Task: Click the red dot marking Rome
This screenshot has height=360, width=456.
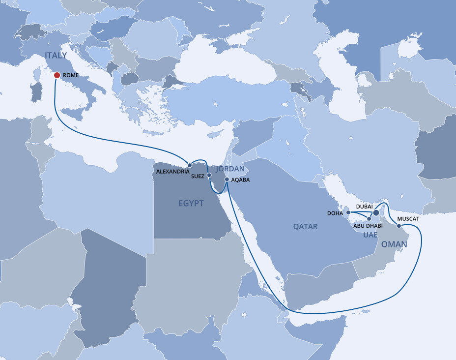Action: (57, 75)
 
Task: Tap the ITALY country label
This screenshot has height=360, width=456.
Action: (56, 55)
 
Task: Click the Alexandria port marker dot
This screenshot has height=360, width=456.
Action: (190, 165)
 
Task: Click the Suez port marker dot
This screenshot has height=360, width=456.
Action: (209, 175)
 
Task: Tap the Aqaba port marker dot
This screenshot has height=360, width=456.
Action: (227, 180)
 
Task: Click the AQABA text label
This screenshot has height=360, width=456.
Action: (240, 180)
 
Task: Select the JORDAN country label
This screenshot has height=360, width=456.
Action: (230, 169)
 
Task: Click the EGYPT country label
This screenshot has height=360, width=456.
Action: (191, 203)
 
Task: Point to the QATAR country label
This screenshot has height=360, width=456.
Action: (305, 226)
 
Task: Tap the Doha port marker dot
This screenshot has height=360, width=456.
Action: (348, 213)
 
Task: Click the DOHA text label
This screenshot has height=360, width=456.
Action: (335, 213)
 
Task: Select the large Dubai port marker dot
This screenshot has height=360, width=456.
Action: (376, 212)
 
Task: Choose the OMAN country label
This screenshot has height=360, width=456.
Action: (394, 244)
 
